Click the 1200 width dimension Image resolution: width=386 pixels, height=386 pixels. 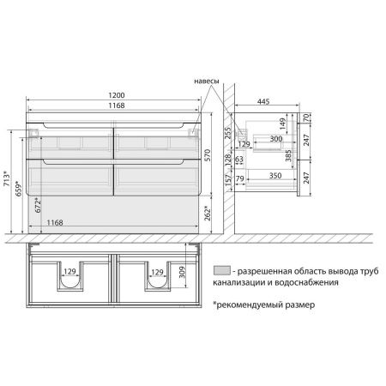(x=117, y=95)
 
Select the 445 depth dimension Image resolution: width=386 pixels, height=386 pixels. (x=263, y=101)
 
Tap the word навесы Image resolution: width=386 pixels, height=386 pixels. (x=207, y=81)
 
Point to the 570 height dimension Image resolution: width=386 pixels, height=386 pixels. (x=208, y=155)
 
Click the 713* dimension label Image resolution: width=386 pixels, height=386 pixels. (x=6, y=178)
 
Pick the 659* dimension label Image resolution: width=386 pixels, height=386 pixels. (x=18, y=188)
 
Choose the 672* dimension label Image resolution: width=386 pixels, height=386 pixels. (x=38, y=205)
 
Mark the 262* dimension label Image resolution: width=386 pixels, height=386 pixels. (x=208, y=214)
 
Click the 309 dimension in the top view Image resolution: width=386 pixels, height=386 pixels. (x=182, y=272)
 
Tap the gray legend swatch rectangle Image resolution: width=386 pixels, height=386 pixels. (x=222, y=270)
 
